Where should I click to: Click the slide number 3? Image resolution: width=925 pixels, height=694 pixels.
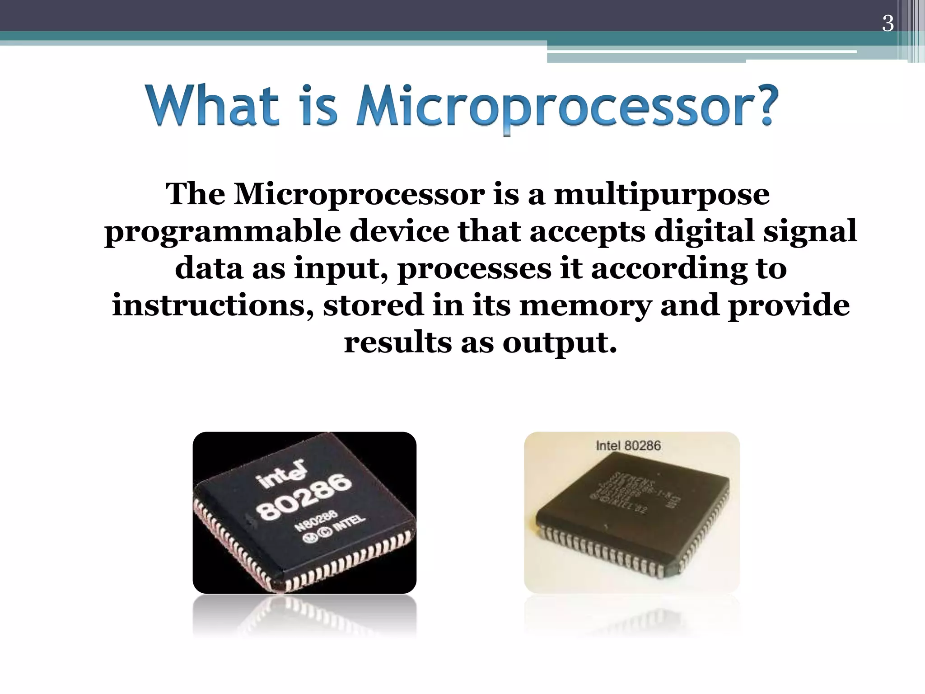888,23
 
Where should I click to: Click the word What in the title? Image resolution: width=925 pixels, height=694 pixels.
212,106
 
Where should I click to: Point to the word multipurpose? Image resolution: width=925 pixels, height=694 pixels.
661,195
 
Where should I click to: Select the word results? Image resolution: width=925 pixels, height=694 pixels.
397,342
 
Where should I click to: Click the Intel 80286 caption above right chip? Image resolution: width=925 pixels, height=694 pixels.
628,446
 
